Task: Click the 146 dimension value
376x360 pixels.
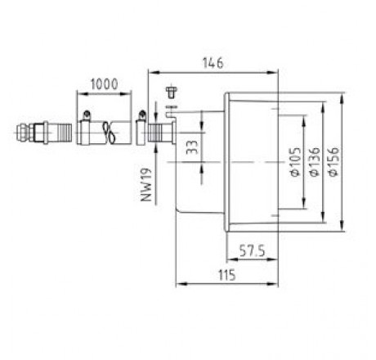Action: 213,63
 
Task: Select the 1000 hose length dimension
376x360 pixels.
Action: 105,84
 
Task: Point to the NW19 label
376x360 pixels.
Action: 146,185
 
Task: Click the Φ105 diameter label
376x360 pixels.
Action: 296,162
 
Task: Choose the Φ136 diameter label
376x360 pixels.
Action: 315,162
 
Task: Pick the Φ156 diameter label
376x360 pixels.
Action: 333,162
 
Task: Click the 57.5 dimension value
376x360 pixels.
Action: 252,250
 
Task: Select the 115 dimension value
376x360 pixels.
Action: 227,275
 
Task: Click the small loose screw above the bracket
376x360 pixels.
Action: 171,92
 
